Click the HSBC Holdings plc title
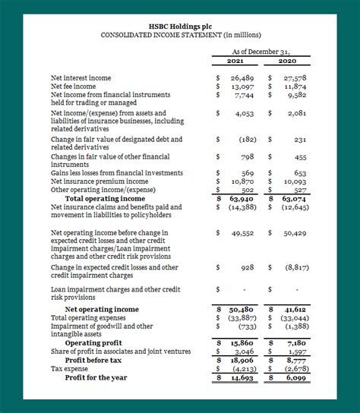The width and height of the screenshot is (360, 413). (179, 25)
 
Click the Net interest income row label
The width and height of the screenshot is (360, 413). (81, 78)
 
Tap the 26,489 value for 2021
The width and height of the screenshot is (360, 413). (241, 78)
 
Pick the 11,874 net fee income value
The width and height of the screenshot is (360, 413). (293, 87)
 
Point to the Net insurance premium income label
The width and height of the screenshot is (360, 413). (99, 181)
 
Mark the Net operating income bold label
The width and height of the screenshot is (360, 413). (102, 310)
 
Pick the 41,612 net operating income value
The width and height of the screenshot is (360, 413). (293, 310)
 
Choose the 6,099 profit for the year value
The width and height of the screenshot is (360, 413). (295, 377)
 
